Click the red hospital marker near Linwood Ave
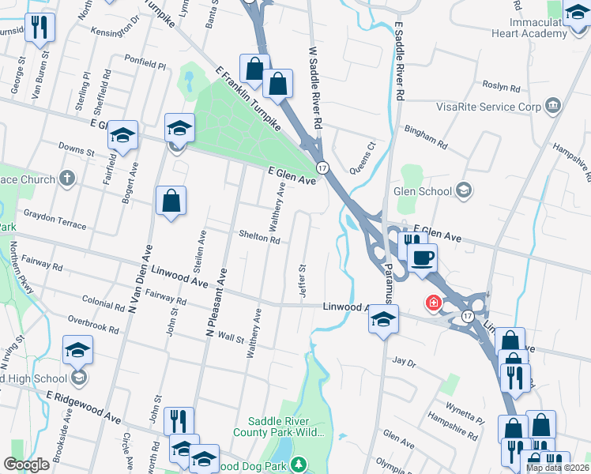coord(433,303)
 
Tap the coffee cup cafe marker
coord(422,258)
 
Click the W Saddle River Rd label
coord(316,88)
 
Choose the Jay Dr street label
coord(404,362)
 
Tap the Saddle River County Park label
coord(281,426)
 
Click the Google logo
coord(27,464)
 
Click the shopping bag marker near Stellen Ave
coord(171,201)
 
